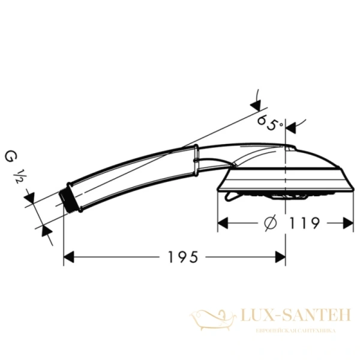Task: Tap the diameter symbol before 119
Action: (x=270, y=223)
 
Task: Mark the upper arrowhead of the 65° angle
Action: (x=257, y=106)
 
